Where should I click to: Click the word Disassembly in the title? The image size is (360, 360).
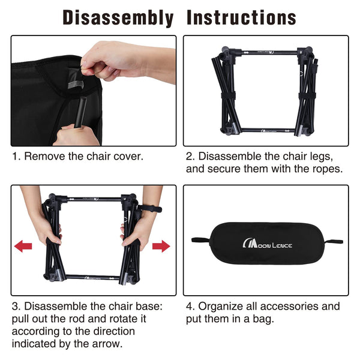click(x=118, y=18)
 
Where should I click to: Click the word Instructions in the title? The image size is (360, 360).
click(x=242, y=17)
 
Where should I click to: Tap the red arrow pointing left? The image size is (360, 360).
click(x=23, y=246)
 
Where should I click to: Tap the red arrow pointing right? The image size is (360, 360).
click(x=161, y=246)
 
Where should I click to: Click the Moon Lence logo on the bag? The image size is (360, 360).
click(x=267, y=244)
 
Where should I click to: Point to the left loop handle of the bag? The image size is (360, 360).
click(x=200, y=241)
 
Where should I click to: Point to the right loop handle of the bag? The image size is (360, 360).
click(x=334, y=242)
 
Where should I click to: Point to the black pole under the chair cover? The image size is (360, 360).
click(x=81, y=112)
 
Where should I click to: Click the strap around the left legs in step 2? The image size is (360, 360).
click(x=229, y=95)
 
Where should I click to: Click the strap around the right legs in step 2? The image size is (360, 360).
click(x=307, y=96)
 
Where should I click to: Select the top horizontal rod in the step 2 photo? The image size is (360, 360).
click(x=269, y=53)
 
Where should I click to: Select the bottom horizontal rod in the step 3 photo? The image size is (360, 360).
click(x=92, y=277)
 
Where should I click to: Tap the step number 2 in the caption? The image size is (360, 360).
click(x=190, y=157)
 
